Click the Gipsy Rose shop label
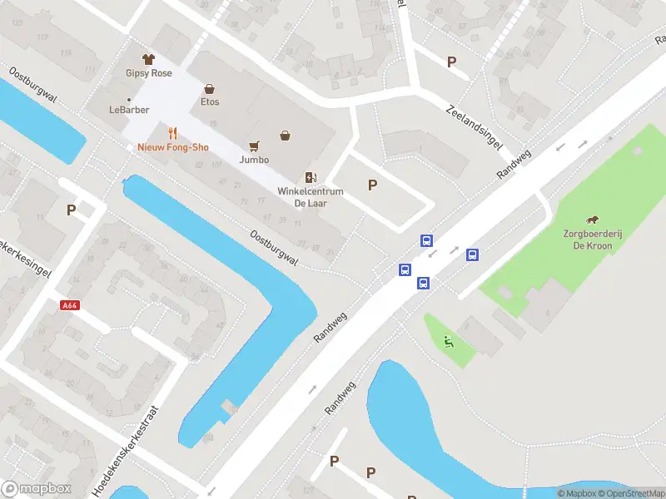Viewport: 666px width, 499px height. [x=150, y=73]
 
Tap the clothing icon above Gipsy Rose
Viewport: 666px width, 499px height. [x=149, y=59]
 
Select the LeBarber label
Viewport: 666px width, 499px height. [x=127, y=109]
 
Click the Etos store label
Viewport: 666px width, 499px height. [x=209, y=102]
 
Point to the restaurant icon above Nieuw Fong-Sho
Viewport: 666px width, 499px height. [x=173, y=133]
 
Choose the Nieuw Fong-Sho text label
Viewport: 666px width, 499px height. [x=173, y=147]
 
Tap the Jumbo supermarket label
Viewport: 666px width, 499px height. [x=254, y=159]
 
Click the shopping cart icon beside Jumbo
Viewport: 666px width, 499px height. [x=254, y=145]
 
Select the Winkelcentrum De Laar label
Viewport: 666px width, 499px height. [x=311, y=197]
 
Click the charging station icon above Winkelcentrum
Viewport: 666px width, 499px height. [x=311, y=177]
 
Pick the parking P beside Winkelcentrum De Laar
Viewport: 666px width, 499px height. [x=372, y=185]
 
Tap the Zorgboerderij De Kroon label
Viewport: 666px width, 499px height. [x=592, y=240]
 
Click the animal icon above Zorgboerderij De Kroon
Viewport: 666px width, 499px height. [x=592, y=220]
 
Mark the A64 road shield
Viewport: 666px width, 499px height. [x=70, y=306]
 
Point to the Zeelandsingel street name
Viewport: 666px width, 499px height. [x=475, y=127]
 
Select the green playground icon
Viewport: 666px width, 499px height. [x=449, y=340]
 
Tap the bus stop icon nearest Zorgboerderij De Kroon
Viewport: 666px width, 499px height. [x=472, y=255]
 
